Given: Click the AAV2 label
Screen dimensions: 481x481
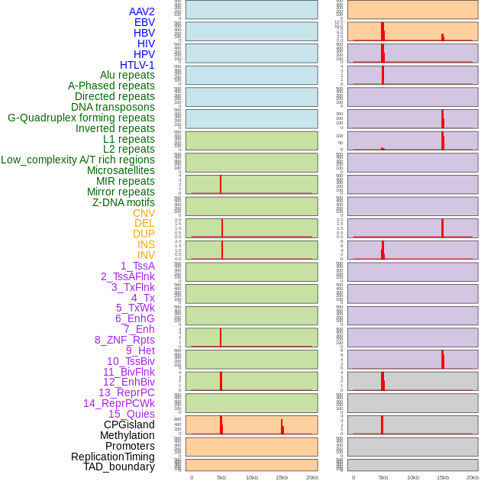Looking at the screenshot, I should (142, 11).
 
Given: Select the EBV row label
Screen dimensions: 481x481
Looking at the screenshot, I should (144, 22).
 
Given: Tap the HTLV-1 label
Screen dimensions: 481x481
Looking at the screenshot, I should (137, 65).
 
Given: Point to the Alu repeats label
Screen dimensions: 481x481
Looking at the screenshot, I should (128, 75).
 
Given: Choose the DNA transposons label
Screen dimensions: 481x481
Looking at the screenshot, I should (113, 107).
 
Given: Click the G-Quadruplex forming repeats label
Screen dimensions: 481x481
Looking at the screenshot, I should (81, 118).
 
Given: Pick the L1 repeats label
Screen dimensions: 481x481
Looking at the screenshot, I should (129, 139).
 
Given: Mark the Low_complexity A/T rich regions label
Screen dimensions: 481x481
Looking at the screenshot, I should (78, 160).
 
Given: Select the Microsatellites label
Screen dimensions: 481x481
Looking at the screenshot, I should (121, 170).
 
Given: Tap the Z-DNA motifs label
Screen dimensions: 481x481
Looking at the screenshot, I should (124, 202).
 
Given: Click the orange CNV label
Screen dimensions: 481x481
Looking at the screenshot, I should (144, 213).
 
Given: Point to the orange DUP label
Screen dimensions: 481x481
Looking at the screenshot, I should (144, 234).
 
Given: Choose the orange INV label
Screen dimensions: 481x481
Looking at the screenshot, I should (146, 255).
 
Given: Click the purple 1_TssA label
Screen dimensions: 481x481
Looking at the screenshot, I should (137, 266).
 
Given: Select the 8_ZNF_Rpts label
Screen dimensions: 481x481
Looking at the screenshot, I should (124, 340).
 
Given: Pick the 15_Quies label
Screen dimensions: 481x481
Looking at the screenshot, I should (131, 414).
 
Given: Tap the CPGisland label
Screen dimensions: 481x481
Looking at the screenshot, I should (129, 425).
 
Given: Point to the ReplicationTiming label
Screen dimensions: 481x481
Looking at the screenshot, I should (113, 457).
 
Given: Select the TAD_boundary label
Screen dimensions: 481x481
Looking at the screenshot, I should (119, 466).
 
